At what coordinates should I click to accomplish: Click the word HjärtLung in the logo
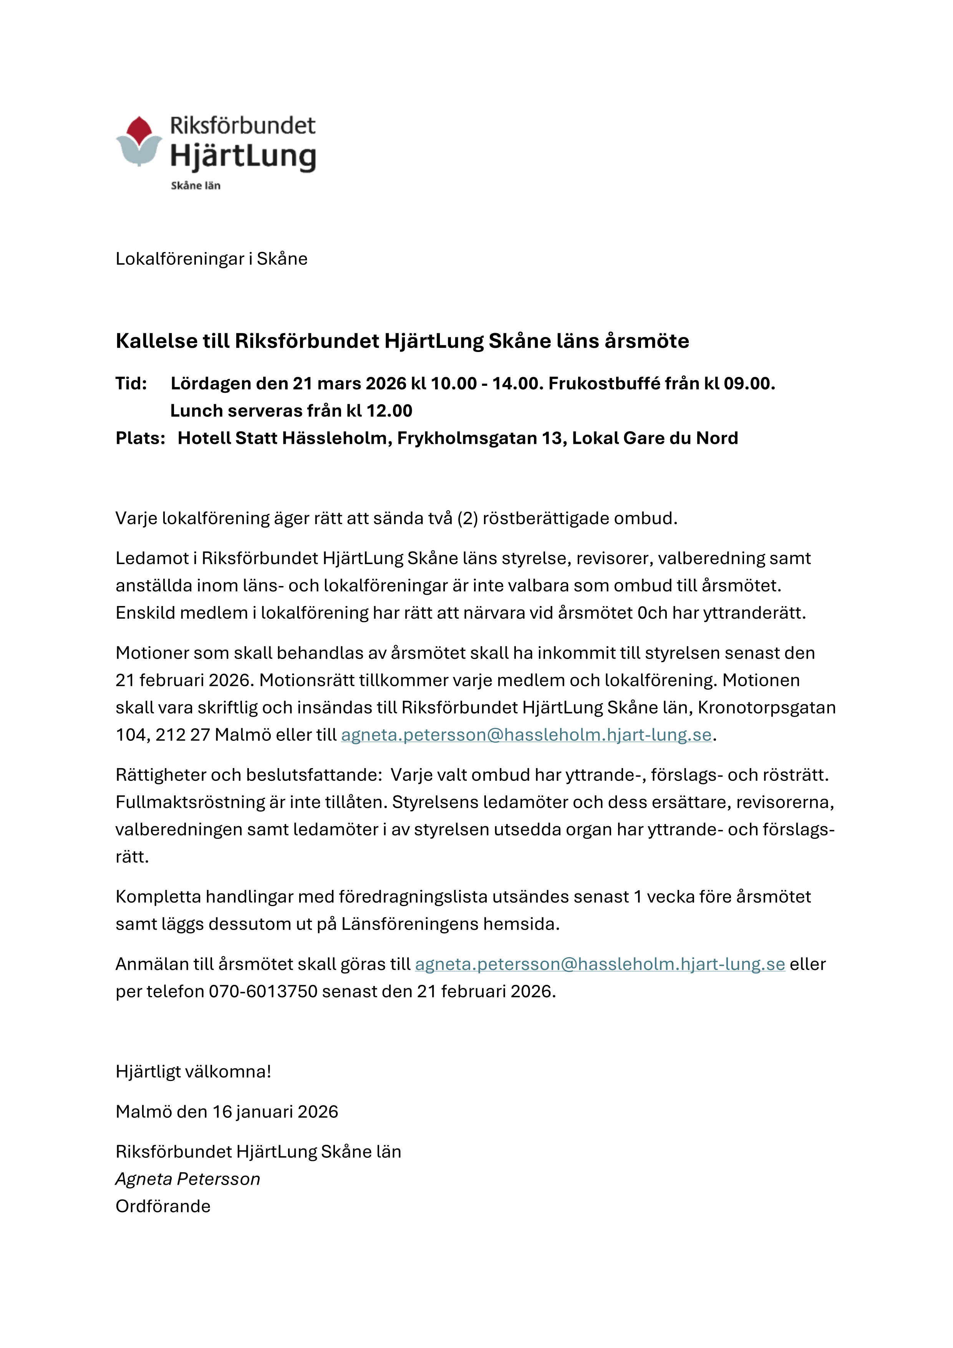click(x=243, y=156)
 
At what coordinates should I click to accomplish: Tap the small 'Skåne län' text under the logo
click(x=196, y=186)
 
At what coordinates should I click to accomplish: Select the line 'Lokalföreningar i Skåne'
click(x=211, y=259)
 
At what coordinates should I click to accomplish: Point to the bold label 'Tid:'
click(x=131, y=383)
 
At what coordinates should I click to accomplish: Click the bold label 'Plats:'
click(x=140, y=438)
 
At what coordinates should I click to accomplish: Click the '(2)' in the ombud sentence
click(x=467, y=518)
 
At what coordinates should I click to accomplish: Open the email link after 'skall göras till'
click(x=600, y=964)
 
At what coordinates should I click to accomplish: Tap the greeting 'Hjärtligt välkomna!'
click(x=193, y=1071)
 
